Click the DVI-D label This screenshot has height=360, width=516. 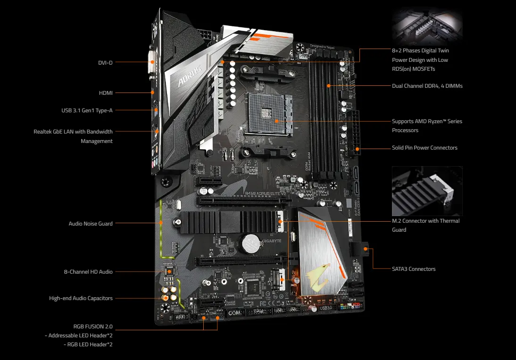coord(105,62)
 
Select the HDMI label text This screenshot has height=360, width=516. coord(106,93)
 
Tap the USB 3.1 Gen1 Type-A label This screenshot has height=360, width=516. coord(87,110)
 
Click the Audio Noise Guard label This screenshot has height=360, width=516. coord(91,223)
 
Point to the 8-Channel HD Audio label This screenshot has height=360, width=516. coord(88,272)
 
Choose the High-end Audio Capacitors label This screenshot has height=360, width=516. coord(81,298)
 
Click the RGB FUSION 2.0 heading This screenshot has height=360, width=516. coord(93,326)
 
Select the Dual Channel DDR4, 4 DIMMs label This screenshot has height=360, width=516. coord(427,86)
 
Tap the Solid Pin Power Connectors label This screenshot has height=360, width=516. coord(424,148)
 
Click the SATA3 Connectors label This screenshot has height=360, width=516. coord(413,269)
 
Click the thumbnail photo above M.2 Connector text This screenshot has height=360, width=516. coord(427,191)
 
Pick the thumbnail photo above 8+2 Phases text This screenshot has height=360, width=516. coord(427,27)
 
